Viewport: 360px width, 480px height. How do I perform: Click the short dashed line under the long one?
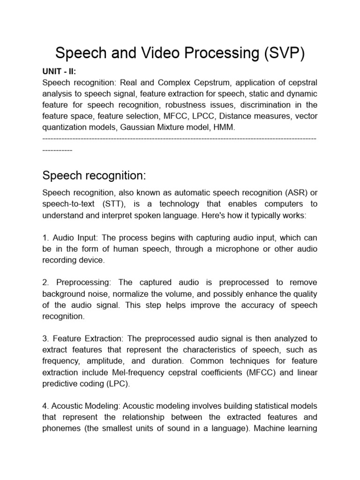point(57,151)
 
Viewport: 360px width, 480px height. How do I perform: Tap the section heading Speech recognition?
point(94,176)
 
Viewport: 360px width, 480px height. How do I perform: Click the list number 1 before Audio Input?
point(45,237)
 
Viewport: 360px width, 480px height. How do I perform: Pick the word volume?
point(184,293)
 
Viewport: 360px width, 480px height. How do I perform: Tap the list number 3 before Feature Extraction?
point(45,338)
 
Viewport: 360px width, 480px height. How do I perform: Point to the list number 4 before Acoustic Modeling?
point(45,406)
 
